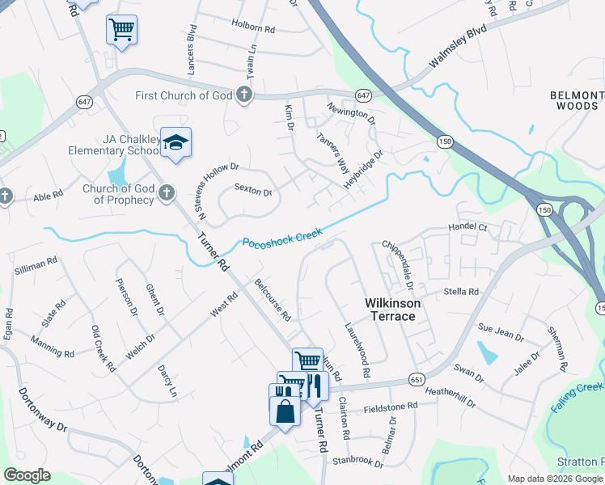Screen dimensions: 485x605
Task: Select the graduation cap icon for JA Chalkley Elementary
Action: tap(176, 143)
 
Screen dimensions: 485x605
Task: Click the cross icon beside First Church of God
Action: tap(244, 95)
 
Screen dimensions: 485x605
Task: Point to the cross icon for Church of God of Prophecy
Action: tap(166, 192)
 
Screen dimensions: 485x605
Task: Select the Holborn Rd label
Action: tap(253, 27)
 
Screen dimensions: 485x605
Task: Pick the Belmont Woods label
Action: tap(577, 100)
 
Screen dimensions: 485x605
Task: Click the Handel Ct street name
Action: tap(467, 228)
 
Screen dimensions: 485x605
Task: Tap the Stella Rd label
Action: tap(461, 291)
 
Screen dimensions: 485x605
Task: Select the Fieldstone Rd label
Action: tap(390, 406)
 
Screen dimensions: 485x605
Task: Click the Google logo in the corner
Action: tap(27, 474)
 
